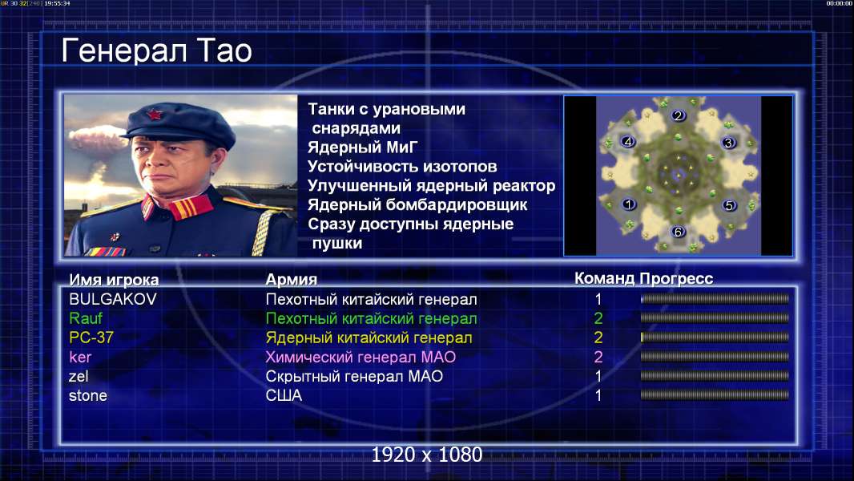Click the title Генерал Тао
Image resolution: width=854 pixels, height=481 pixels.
click(156, 51)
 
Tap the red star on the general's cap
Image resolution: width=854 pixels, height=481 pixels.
click(155, 115)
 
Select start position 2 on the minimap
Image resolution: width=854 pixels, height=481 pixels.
click(678, 115)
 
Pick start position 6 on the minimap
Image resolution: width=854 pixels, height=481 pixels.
click(678, 232)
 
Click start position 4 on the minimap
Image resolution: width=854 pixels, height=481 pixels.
click(628, 142)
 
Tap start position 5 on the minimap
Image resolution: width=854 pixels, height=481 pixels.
click(729, 205)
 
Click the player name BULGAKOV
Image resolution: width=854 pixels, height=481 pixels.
click(113, 299)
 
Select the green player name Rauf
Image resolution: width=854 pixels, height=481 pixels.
click(86, 318)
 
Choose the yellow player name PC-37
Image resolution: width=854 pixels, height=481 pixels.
click(91, 338)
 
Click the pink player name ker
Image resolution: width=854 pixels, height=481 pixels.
click(80, 358)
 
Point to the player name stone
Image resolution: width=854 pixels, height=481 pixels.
click(87, 395)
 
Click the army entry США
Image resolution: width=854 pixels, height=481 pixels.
click(284, 395)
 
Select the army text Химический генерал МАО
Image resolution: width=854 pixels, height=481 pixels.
click(361, 358)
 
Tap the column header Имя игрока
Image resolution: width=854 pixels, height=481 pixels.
click(114, 280)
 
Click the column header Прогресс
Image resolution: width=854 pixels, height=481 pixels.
click(676, 279)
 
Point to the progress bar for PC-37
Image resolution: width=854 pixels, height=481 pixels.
click(715, 338)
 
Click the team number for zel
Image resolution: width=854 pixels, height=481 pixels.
click(598, 377)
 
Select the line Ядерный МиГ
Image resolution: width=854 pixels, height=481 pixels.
click(363, 147)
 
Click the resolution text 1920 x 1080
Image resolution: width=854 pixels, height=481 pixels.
click(427, 455)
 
